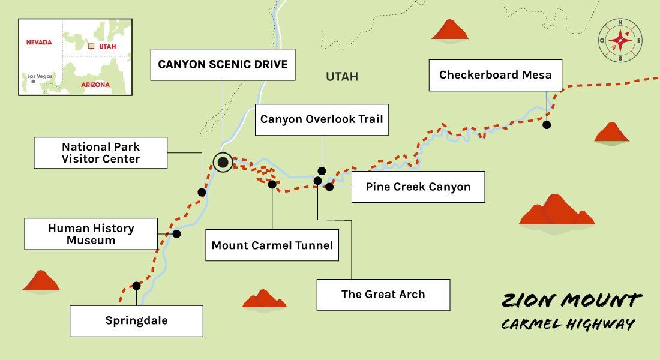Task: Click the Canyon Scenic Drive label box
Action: pyautogui.click(x=223, y=65)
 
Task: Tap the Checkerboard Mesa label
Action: pyautogui.click(x=495, y=75)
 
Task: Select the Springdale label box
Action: pyautogui.click(x=136, y=321)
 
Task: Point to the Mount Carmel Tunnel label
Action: pyautogui.click(x=272, y=245)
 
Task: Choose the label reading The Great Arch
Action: pyautogui.click(x=383, y=295)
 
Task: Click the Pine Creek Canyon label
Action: pyautogui.click(x=418, y=187)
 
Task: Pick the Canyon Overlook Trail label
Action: pyautogui.click(x=321, y=119)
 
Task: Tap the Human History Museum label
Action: pyautogui.click(x=91, y=234)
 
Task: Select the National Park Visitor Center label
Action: pyautogui.click(x=100, y=153)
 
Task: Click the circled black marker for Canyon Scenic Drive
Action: pyautogui.click(x=223, y=162)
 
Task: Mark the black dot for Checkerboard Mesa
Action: pyautogui.click(x=547, y=125)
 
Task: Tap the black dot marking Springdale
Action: pyautogui.click(x=136, y=286)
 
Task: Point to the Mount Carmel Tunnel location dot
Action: pyautogui.click(x=272, y=185)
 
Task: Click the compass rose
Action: pyautogui.click(x=620, y=41)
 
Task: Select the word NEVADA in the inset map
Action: pyautogui.click(x=39, y=43)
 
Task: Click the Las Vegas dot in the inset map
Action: pyautogui.click(x=33, y=82)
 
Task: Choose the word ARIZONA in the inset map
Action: pyautogui.click(x=95, y=85)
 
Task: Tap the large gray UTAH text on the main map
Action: pyautogui.click(x=341, y=77)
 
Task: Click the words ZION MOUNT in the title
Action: pyautogui.click(x=571, y=301)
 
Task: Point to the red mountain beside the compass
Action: pyautogui.click(x=450, y=31)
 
